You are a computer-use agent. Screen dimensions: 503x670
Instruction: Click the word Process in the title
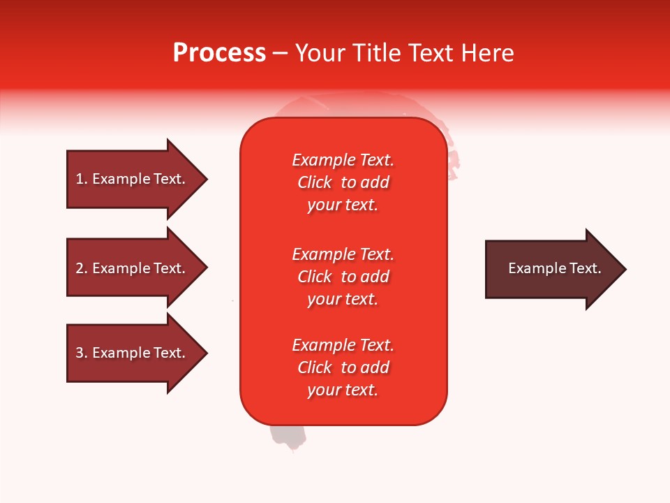[219, 53]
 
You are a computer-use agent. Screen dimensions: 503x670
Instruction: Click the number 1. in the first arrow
[82, 179]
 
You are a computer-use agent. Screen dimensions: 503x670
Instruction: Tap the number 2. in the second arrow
[82, 268]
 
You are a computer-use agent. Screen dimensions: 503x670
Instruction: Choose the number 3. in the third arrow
[82, 353]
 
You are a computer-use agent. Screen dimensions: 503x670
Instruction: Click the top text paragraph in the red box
[343, 182]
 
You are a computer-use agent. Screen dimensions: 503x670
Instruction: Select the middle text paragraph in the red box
[343, 277]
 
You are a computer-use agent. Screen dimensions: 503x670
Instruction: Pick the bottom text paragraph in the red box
[343, 367]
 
